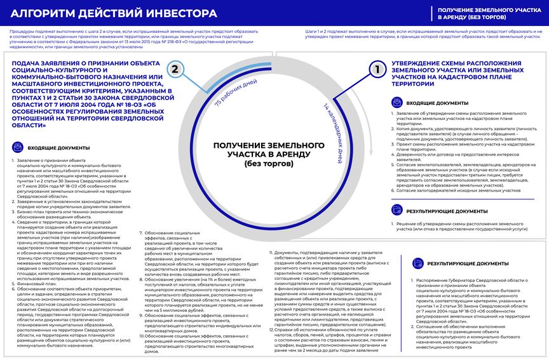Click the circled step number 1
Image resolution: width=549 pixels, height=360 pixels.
click(377, 69)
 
